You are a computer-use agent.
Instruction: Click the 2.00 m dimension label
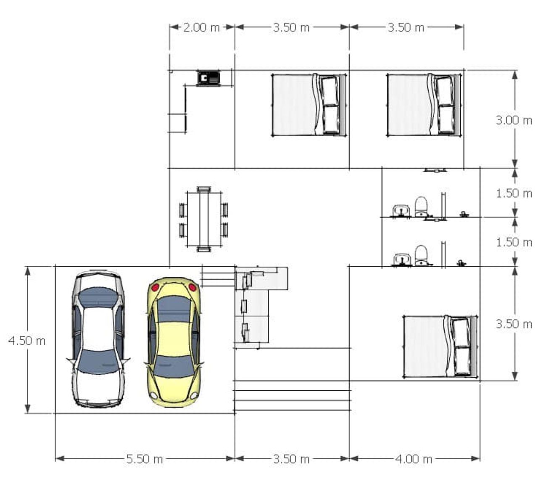(x=201, y=27)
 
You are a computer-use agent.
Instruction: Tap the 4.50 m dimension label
(x=27, y=341)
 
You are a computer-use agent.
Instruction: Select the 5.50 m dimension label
(x=145, y=459)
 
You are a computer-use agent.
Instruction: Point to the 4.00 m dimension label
(x=414, y=459)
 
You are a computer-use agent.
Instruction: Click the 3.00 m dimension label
(x=514, y=120)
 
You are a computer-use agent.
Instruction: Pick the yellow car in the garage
(x=174, y=342)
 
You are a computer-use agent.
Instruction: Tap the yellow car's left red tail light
(x=155, y=288)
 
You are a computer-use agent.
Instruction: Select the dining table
(x=204, y=219)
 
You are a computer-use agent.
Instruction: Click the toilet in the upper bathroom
(x=421, y=207)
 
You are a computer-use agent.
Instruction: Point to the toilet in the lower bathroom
(x=421, y=255)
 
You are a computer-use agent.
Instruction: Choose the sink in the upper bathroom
(x=401, y=211)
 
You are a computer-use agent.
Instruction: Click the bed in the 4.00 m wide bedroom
(x=440, y=347)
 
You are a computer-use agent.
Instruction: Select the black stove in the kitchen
(x=208, y=78)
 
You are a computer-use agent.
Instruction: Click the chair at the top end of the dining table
(x=204, y=189)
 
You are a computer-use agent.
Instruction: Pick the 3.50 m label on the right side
(x=514, y=324)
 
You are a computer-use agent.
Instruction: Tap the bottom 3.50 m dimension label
(x=292, y=459)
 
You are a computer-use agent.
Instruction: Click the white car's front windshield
(x=98, y=361)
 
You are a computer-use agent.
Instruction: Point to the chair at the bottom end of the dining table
(x=204, y=249)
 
